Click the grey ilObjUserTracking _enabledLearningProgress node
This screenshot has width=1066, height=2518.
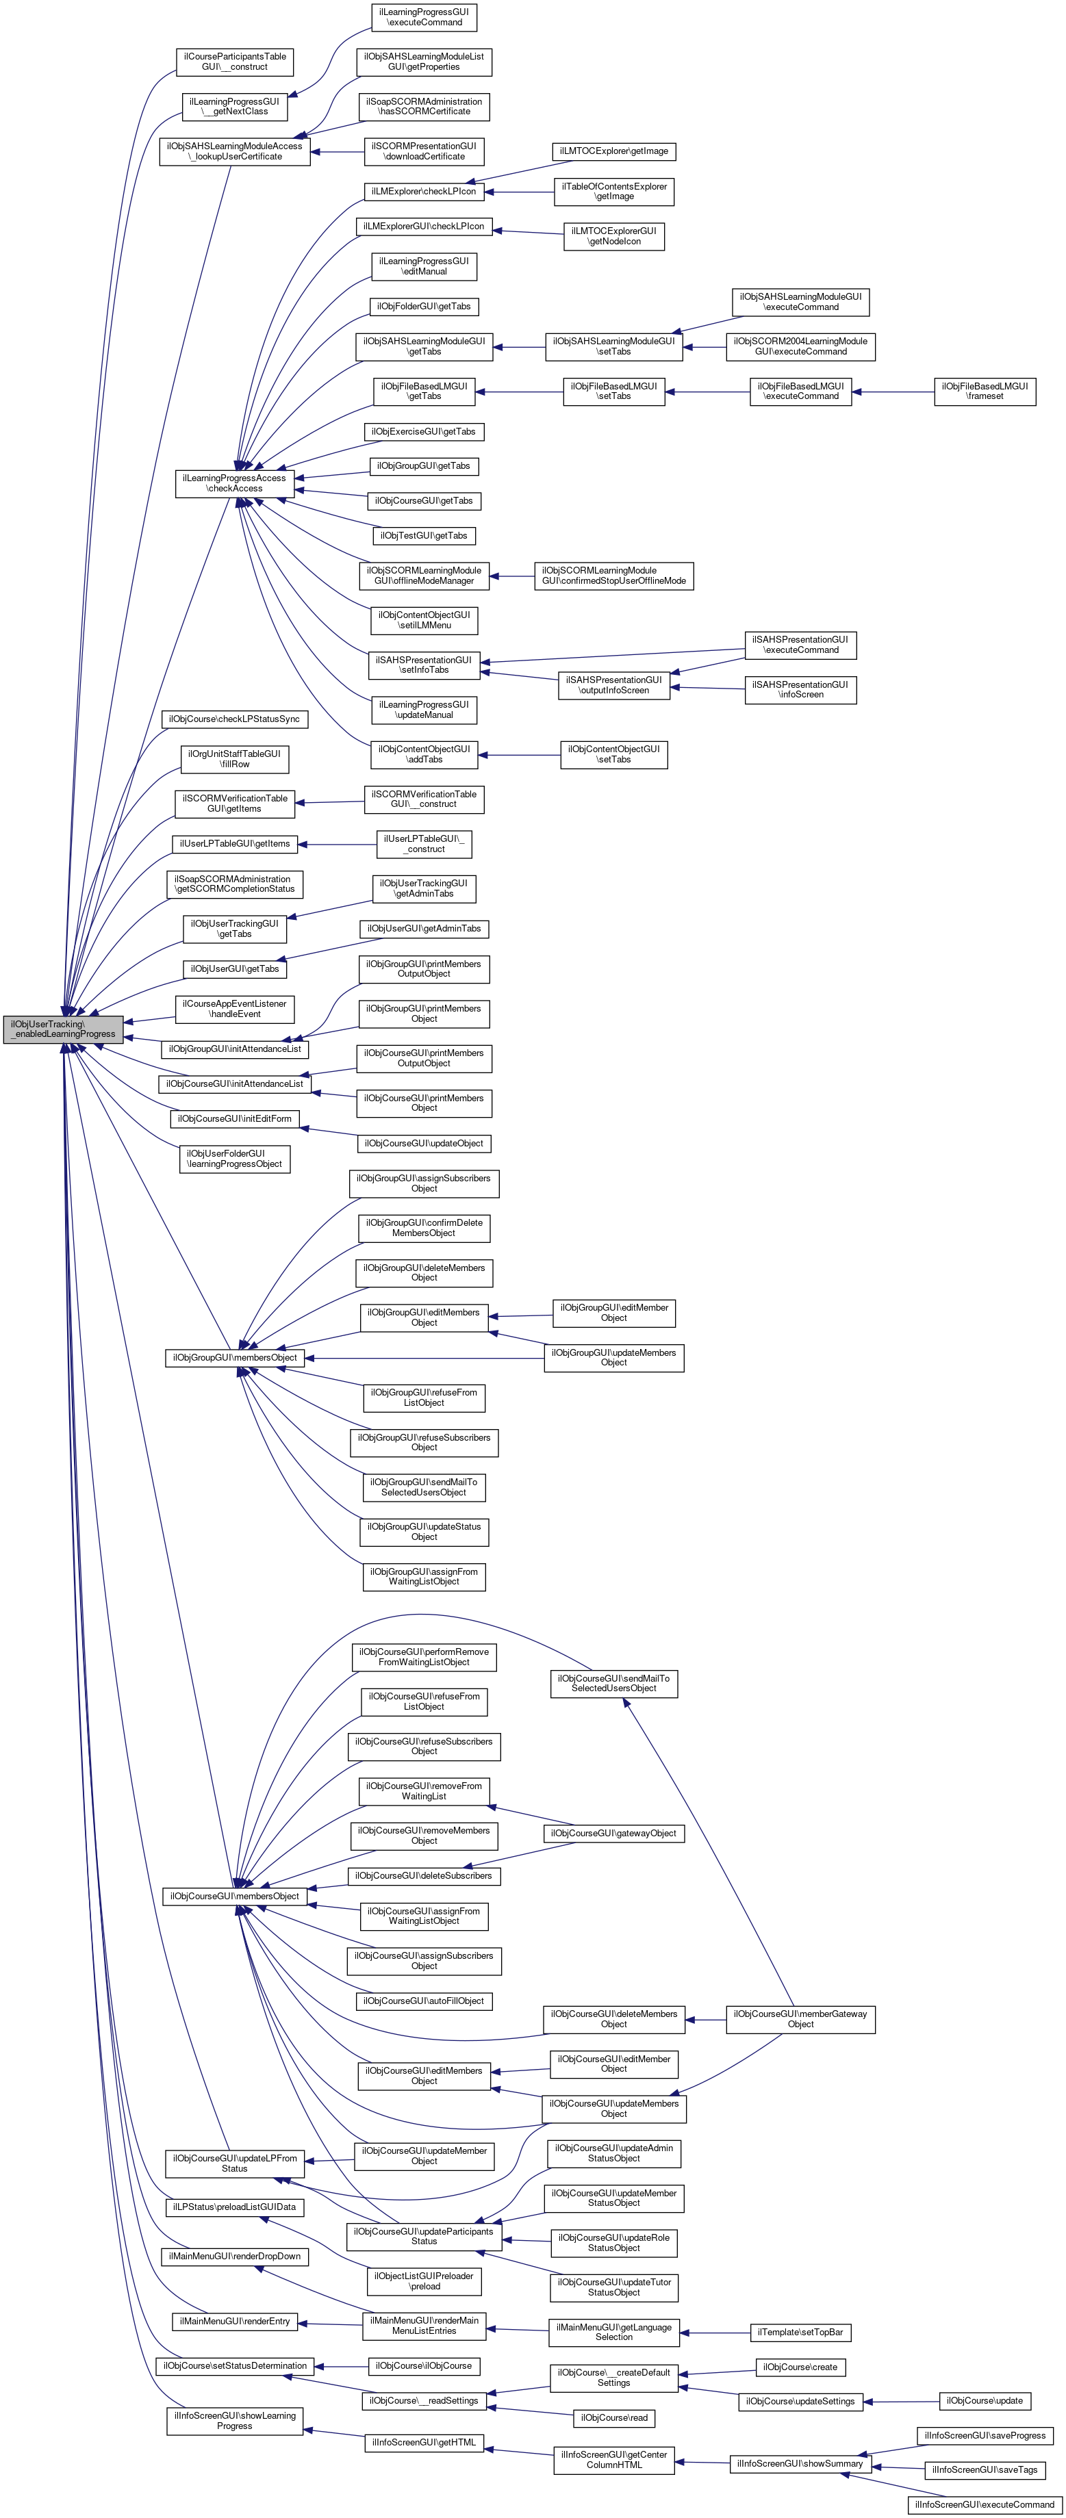(x=62, y=1029)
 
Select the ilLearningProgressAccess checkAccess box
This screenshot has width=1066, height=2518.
(x=235, y=483)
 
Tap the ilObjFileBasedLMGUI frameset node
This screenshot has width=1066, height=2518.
(x=984, y=391)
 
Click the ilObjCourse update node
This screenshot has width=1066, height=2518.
(x=985, y=2401)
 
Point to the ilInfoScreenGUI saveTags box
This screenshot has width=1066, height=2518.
(x=984, y=2470)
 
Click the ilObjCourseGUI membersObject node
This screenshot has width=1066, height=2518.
(x=235, y=1897)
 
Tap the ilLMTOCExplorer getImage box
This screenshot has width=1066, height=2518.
(x=614, y=151)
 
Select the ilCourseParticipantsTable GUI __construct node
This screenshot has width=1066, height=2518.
(x=235, y=62)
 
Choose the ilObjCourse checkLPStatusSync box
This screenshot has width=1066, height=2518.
(x=235, y=719)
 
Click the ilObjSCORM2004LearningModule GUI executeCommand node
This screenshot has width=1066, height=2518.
(x=800, y=346)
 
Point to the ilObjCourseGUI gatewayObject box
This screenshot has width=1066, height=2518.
(x=613, y=1833)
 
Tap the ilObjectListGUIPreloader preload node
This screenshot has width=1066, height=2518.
(x=424, y=2281)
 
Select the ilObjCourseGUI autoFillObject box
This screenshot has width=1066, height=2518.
(x=424, y=2001)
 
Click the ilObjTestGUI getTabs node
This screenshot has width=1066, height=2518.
(x=424, y=536)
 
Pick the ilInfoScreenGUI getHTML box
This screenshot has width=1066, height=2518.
(x=424, y=2443)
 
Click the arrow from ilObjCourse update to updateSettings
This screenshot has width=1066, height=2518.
(x=900, y=2402)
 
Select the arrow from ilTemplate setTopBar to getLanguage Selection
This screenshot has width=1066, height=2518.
(x=714, y=2333)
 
